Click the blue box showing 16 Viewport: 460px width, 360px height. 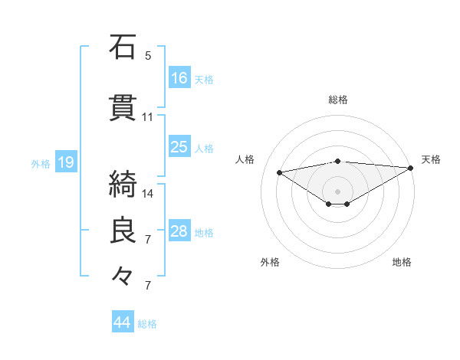[179, 77]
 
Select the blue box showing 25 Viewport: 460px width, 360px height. [179, 147]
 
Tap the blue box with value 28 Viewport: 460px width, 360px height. [179, 231]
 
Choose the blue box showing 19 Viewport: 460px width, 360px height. [65, 162]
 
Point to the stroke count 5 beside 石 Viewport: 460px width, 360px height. [148, 56]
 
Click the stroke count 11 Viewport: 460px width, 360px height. [148, 117]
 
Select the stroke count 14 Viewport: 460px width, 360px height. [148, 193]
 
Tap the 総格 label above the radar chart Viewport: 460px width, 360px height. [338, 100]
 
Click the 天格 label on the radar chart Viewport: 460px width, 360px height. [431, 159]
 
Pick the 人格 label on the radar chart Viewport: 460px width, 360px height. [245, 159]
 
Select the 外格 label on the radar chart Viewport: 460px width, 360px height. [270, 262]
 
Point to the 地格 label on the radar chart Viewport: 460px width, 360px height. [402, 262]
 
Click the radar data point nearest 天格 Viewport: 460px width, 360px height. [410, 167]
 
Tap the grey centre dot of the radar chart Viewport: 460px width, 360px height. [337, 190]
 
